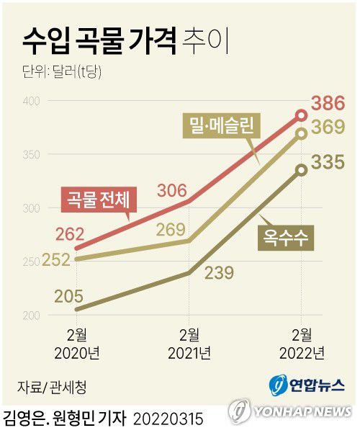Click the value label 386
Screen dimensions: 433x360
(x=328, y=102)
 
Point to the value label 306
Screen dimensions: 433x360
(x=171, y=191)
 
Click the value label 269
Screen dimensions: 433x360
(x=171, y=229)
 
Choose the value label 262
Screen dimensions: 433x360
(x=70, y=234)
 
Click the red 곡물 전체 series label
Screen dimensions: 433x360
(x=93, y=199)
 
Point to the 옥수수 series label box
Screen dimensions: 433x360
(x=286, y=239)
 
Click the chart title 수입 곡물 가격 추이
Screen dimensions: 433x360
(x=126, y=41)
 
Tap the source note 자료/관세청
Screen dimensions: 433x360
(x=52, y=388)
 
